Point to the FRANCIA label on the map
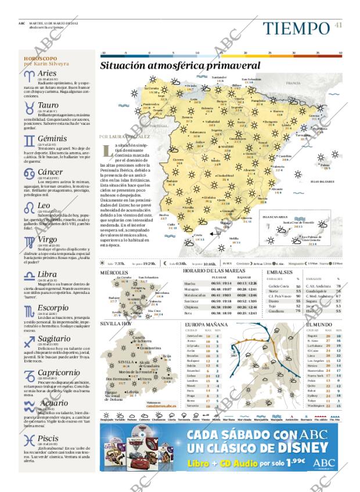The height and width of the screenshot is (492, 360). pyautogui.click(x=294, y=84)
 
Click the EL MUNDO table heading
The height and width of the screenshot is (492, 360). pyautogui.click(x=319, y=324)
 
